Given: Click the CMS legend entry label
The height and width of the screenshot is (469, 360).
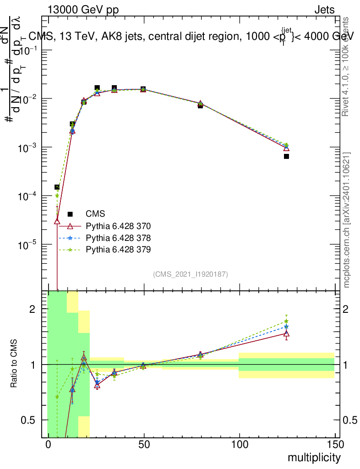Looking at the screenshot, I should [x=95, y=213].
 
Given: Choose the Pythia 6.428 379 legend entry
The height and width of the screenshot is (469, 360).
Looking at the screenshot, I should [x=118, y=249].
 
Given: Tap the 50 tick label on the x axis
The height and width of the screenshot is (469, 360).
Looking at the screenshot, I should [x=144, y=445].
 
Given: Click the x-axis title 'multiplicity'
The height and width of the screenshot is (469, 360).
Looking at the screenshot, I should [x=314, y=458].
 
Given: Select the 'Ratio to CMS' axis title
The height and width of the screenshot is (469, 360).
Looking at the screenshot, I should [x=14, y=364].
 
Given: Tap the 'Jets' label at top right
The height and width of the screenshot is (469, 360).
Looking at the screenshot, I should [x=324, y=10].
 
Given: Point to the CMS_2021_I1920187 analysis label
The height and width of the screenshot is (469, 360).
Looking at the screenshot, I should [x=191, y=274].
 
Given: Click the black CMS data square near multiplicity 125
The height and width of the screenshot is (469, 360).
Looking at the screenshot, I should [x=286, y=156].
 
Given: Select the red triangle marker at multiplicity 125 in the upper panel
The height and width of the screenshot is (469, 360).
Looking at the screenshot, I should [x=286, y=148].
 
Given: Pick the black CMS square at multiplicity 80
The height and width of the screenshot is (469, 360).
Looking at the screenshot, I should [x=200, y=105].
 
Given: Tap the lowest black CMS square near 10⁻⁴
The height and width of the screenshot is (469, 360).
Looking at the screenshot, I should [x=57, y=187].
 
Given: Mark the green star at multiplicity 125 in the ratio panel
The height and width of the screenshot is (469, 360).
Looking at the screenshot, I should [x=286, y=321].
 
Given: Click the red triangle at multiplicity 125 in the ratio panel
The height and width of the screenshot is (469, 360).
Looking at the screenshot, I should [x=286, y=333].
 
